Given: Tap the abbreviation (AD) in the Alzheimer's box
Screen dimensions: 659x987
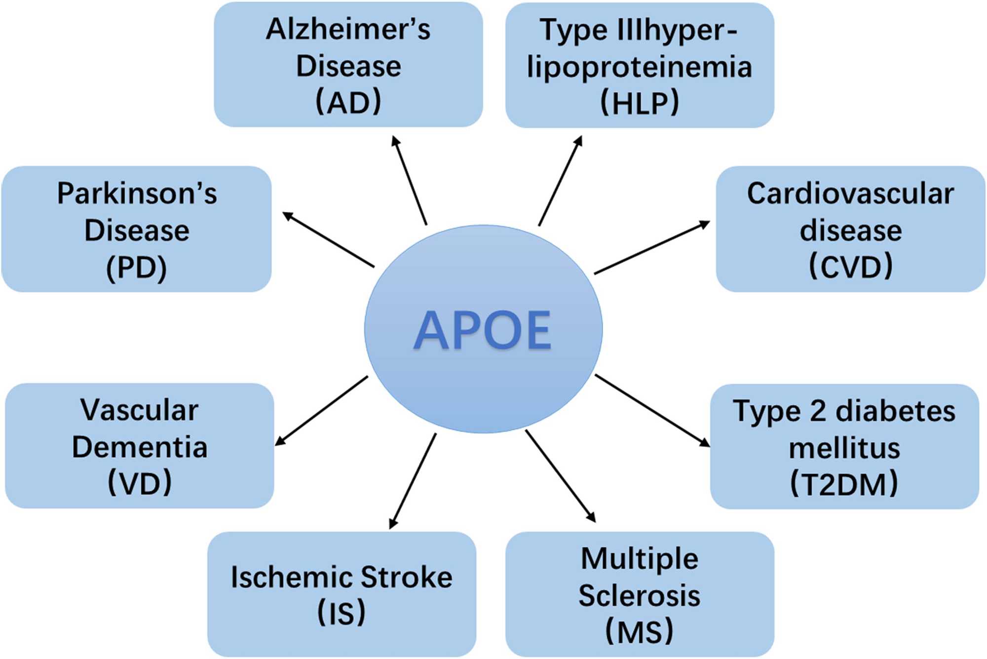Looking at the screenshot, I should click(x=348, y=102).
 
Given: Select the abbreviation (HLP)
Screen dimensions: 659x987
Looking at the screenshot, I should click(x=640, y=103).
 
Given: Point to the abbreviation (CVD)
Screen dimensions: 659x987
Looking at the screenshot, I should click(x=851, y=266).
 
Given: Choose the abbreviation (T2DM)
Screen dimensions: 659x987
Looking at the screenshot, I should click(x=844, y=484).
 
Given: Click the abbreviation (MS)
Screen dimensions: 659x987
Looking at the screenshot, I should click(x=640, y=631).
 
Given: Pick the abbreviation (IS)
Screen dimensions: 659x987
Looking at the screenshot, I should click(x=342, y=613).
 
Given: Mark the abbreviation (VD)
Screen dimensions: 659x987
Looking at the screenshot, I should click(x=140, y=482).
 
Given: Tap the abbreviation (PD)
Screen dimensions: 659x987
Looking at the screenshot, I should click(x=137, y=268).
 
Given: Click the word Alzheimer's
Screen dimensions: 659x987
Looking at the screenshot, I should click(x=348, y=29).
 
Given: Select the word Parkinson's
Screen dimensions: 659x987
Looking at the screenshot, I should click(x=137, y=193).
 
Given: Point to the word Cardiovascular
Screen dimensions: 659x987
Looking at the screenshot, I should click(x=850, y=193).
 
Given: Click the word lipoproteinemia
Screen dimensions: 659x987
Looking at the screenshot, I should click(x=640, y=67).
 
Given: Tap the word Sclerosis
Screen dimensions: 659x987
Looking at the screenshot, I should click(x=640, y=595).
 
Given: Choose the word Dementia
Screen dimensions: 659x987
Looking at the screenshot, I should click(x=140, y=447).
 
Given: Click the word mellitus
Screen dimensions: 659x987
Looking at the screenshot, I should click(x=844, y=448).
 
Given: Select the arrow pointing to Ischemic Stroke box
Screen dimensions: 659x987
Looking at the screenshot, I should click(x=413, y=481).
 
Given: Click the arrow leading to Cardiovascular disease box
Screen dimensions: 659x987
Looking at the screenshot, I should click(x=651, y=248).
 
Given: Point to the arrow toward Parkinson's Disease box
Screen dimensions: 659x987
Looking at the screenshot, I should click(x=329, y=240).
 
